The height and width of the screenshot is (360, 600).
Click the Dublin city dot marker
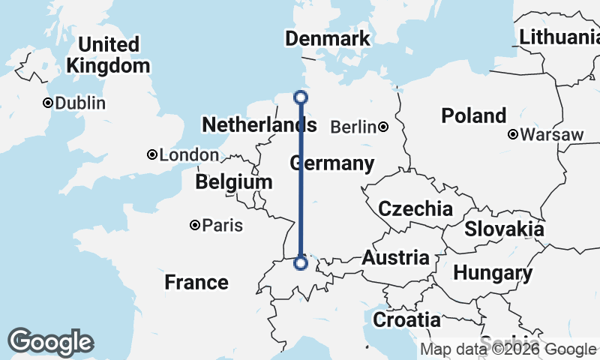coord(48,103)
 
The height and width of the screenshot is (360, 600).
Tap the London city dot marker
coord(152,155)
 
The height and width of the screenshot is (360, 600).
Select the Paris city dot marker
coord(195,225)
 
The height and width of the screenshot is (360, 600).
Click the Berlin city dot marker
coord(383,127)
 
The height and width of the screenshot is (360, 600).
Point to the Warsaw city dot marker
coord(513,135)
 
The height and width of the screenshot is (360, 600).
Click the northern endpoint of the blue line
coord(301,97)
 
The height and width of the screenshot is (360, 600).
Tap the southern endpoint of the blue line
coord(301,263)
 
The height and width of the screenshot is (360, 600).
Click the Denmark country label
coord(328,39)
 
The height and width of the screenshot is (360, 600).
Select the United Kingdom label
coord(108,55)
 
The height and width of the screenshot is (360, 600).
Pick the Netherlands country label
coord(259,125)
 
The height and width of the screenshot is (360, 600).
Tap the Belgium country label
coord(233,182)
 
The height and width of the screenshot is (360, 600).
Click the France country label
coord(196,283)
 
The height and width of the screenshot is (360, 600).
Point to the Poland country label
coord(473,116)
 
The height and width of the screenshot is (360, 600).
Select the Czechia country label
coord(415,209)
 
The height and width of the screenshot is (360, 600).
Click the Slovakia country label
coord(504,229)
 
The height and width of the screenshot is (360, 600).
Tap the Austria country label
coord(395,258)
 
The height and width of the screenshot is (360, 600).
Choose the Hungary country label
coord(493,273)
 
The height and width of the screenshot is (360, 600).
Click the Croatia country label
coord(406,319)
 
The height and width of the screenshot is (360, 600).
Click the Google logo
coord(50,342)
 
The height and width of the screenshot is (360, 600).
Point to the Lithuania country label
coord(559,36)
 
